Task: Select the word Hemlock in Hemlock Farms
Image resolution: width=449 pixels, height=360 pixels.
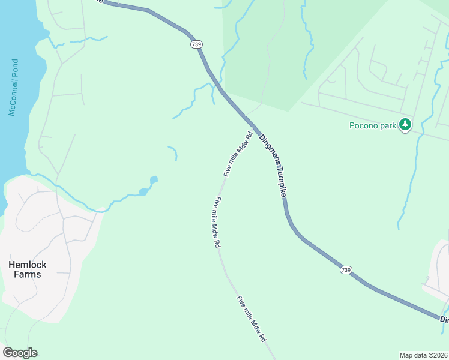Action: click(27, 264)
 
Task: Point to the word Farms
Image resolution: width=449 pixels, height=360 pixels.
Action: click(27, 274)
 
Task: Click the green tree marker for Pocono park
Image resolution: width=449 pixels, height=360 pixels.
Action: click(406, 125)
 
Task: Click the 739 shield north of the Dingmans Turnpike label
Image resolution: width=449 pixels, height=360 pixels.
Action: click(197, 44)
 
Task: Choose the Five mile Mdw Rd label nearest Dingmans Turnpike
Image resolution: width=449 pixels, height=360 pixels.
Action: click(237, 154)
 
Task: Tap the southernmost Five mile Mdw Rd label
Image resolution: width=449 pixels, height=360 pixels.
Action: click(251, 319)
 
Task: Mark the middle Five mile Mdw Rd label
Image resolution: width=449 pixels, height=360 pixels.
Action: click(216, 223)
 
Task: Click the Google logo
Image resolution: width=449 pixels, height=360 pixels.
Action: click(20, 353)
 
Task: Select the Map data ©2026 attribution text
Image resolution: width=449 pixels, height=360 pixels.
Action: click(423, 355)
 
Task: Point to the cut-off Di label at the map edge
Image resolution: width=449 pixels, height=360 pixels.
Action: click(444, 320)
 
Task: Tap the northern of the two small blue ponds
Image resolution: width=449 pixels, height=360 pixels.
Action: click(154, 179)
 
